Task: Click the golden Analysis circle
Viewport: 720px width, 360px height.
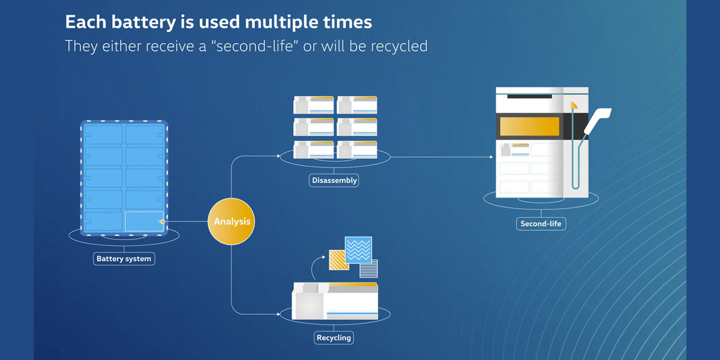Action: point(232,221)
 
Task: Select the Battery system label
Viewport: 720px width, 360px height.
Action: point(124,259)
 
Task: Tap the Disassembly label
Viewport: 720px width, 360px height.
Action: point(334,180)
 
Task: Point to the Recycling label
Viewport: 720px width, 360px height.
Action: point(334,338)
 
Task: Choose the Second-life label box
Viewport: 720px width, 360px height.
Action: point(541,224)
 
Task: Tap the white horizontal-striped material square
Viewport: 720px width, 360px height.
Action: point(368,269)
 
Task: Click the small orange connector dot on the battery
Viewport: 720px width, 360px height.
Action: point(163,222)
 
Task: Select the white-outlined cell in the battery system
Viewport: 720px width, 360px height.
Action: point(144,221)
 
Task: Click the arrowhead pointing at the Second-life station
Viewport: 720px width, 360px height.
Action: point(490,158)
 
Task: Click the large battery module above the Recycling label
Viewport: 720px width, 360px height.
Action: point(335,300)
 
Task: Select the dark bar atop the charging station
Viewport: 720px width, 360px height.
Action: point(529,96)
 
